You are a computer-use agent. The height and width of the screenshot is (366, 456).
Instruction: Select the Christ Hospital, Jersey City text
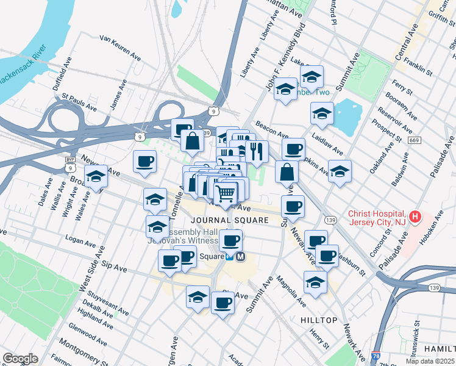click(x=377, y=218)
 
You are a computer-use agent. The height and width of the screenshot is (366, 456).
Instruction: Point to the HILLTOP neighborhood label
click(x=319, y=320)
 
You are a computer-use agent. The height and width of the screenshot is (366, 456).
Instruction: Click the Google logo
click(x=20, y=359)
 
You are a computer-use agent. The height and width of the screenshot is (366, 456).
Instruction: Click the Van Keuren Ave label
click(x=121, y=48)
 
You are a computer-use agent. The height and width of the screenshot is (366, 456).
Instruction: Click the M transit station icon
click(x=241, y=257)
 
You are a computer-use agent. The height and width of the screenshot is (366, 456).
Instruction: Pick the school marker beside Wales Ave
click(x=96, y=176)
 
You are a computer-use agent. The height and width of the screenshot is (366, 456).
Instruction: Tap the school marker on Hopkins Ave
click(x=340, y=171)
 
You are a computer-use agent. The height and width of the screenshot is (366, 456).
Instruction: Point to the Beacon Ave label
click(x=271, y=129)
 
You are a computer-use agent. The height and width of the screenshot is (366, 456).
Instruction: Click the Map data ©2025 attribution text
click(x=430, y=361)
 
